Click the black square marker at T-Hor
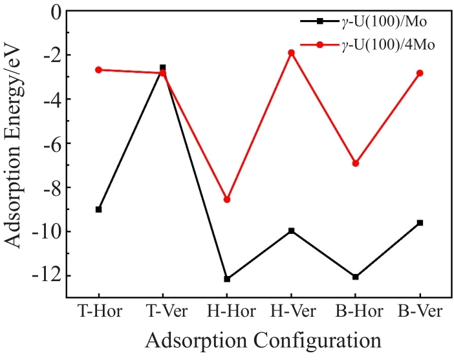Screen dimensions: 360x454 98,209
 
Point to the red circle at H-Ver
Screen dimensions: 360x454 291,52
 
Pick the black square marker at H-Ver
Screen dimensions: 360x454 291,231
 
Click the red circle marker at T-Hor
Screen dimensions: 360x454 98,70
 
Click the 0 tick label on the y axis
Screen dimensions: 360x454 54,12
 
